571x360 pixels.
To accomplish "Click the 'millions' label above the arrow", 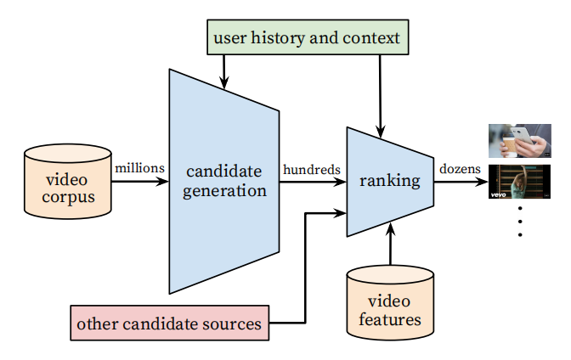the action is click(x=140, y=168).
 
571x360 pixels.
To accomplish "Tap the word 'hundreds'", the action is click(x=312, y=170).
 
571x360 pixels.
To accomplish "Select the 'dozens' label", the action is click(x=460, y=169).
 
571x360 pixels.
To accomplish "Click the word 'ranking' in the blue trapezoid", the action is click(x=390, y=181).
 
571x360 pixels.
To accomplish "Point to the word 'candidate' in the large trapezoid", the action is click(x=224, y=171).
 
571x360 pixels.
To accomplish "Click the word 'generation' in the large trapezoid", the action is click(x=224, y=191).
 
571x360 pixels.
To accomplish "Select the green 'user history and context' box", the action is click(x=308, y=37).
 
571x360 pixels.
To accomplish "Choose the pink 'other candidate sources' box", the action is click(x=170, y=323).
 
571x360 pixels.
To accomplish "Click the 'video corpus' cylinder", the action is click(x=68, y=182).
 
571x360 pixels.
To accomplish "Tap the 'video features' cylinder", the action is click(x=390, y=303).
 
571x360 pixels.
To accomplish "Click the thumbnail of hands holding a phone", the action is click(x=520, y=141).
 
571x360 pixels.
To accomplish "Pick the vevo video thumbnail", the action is click(x=519, y=182).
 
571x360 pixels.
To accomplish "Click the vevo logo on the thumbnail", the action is click(x=498, y=194).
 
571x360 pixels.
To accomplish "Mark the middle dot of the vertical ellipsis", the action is click(x=520, y=222).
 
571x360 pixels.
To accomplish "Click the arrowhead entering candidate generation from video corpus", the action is click(x=162, y=182).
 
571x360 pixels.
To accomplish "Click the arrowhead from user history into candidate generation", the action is click(x=224, y=82).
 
